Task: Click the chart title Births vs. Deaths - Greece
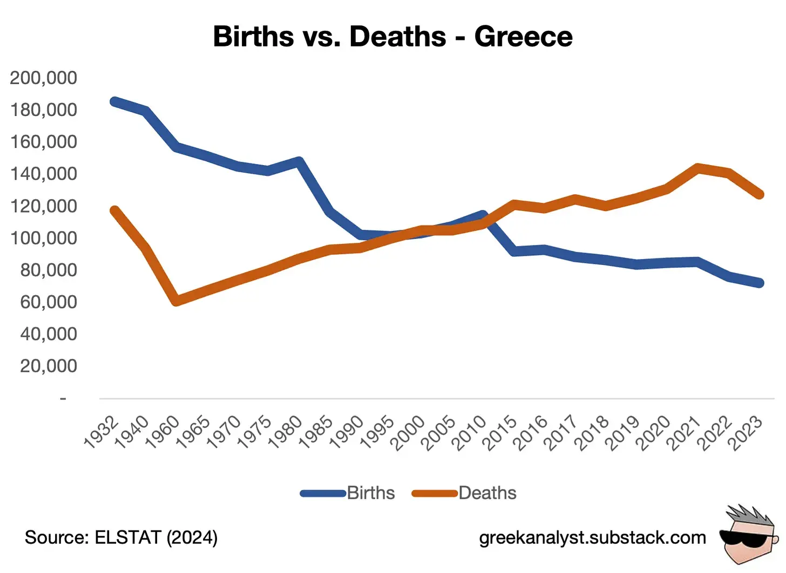click(392, 36)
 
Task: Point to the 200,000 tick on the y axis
click(44, 78)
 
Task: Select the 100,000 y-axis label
click(44, 238)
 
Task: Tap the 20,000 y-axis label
click(49, 366)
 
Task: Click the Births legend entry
click(348, 493)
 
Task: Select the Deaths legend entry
click(464, 493)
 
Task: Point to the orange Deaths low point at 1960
click(177, 301)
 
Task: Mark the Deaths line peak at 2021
click(698, 168)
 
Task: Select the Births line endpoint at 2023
click(760, 283)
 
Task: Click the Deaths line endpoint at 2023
click(760, 194)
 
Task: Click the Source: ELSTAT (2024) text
click(121, 537)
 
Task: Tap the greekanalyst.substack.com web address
click(593, 537)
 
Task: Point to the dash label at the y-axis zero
click(63, 399)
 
